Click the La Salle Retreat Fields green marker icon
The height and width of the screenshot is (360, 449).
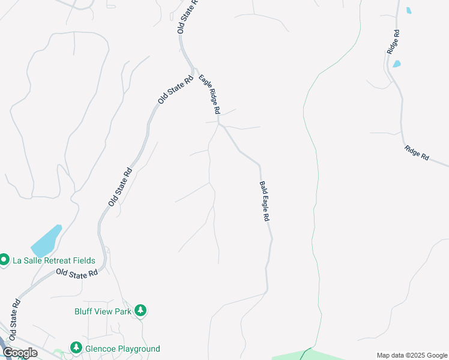(x=4, y=260)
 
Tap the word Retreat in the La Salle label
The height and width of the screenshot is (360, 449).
(x=61, y=260)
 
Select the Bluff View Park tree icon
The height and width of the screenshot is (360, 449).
(x=140, y=310)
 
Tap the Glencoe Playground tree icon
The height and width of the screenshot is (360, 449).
(x=76, y=348)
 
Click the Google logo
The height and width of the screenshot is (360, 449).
(x=20, y=353)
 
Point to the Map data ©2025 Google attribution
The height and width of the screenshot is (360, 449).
(x=412, y=355)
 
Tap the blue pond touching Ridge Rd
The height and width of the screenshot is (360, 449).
(x=396, y=64)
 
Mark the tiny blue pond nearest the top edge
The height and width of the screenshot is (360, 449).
(x=409, y=10)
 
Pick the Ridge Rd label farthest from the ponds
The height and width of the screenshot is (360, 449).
(x=417, y=153)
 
